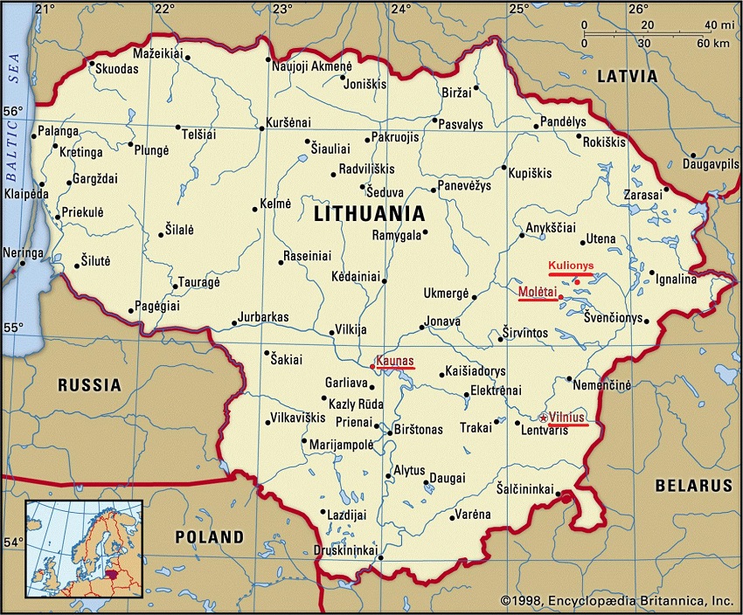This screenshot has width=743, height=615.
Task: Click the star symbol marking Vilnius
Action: [x=544, y=418]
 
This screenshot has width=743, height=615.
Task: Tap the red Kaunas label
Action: [x=394, y=360]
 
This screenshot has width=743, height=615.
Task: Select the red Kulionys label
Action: [x=571, y=265]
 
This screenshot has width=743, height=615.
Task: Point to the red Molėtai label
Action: [x=538, y=291]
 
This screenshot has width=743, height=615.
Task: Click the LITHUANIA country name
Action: [x=369, y=213]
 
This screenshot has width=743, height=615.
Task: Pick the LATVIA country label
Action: [x=626, y=76]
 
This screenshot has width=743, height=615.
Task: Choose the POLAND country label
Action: [x=209, y=536]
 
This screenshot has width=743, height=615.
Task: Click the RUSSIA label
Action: [x=89, y=384]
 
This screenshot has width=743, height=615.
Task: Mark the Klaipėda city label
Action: [x=25, y=193]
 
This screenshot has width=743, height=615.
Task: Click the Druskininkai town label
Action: [x=345, y=550]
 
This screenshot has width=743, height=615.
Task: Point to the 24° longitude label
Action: [x=400, y=10]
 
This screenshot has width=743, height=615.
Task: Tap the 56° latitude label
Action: [x=13, y=112]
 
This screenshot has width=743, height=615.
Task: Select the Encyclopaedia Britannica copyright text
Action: [x=616, y=601]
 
